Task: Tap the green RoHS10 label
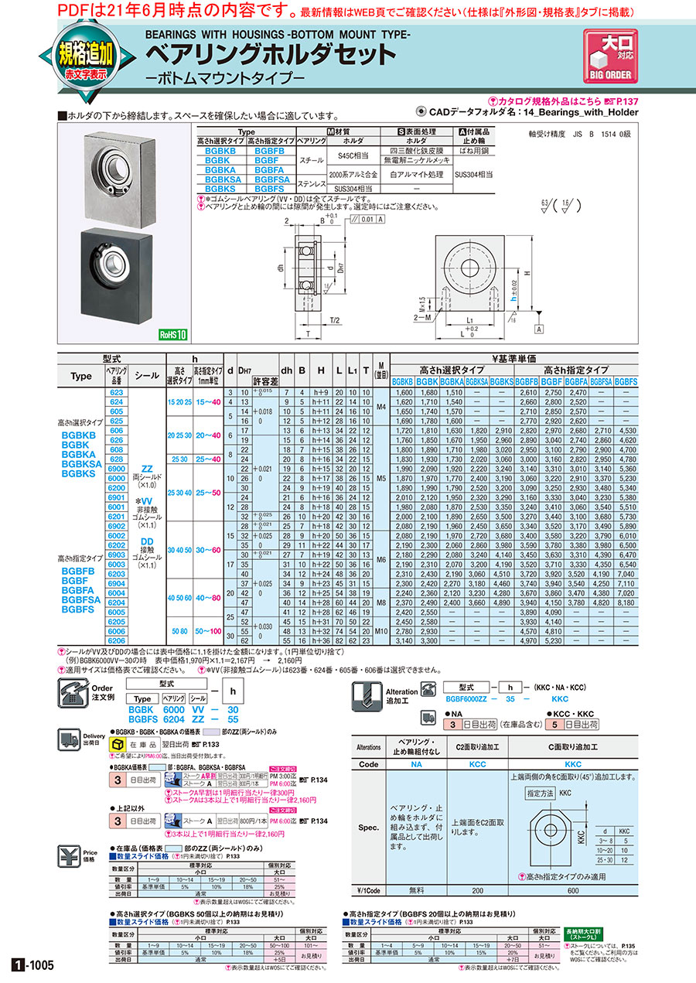[174, 335]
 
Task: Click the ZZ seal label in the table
[147, 469]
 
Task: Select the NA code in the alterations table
[418, 765]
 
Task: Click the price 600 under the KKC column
[572, 890]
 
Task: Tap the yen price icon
[70, 857]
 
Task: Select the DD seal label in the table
[147, 541]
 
